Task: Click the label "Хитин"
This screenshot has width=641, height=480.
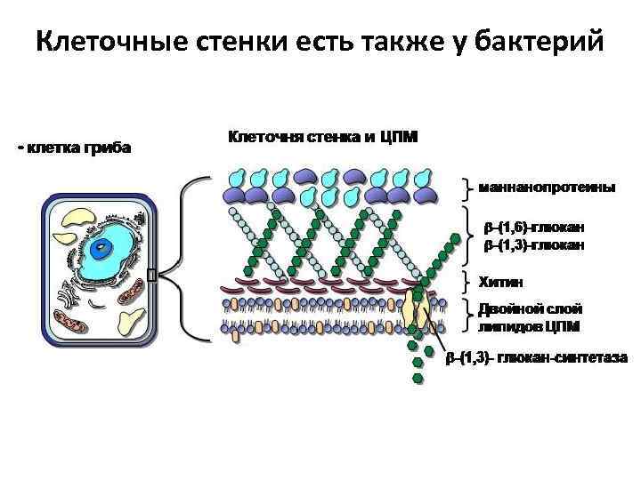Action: [x=502, y=282]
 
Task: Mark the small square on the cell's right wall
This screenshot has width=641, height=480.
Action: [x=151, y=276]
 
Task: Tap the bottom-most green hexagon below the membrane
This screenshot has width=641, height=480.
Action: [x=418, y=379]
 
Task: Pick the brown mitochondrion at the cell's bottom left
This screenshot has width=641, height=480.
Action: [x=70, y=319]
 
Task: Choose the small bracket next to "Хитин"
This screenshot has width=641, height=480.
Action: [x=469, y=282]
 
